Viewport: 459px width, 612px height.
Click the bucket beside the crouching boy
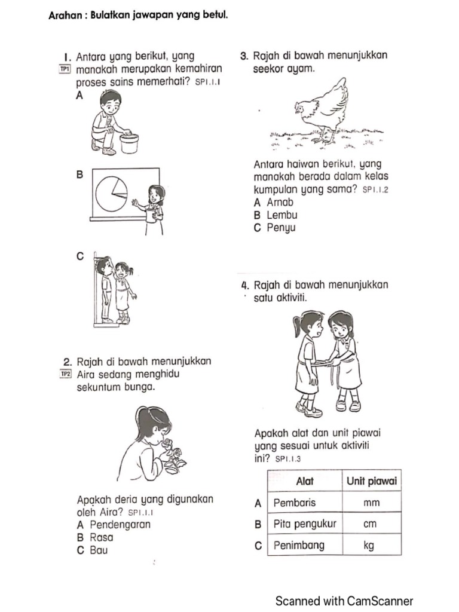tap(129, 143)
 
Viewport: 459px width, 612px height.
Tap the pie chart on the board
tap(112, 193)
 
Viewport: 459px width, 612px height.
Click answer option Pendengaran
tap(114, 525)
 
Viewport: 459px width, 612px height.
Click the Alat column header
tap(305, 481)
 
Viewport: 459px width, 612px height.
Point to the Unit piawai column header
tap(371, 481)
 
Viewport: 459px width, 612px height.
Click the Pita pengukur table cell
tap(304, 524)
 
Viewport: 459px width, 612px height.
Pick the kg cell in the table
tap(371, 545)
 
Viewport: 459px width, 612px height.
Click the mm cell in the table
tap(371, 503)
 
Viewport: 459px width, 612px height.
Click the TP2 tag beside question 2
tap(65, 374)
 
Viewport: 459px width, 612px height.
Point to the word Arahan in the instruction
tap(65, 16)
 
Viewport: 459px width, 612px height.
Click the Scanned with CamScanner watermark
tap(344, 601)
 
